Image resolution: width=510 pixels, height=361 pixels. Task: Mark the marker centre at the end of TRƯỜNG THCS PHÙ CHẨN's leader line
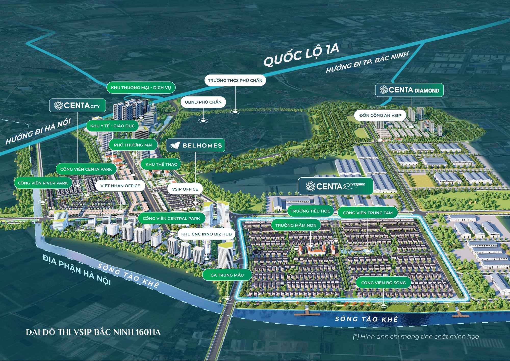[x=235, y=111]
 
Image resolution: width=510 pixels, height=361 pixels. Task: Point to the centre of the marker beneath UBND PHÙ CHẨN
[x=203, y=120]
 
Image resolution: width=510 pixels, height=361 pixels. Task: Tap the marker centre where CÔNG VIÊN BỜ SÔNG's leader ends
[x=383, y=305]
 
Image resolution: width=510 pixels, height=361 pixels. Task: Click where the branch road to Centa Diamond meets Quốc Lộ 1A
[x=424, y=43]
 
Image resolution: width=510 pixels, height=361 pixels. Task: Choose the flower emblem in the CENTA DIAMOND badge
[x=384, y=90]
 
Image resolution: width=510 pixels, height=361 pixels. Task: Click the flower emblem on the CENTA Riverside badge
[x=310, y=186]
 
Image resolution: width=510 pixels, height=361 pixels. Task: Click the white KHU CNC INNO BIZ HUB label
[x=206, y=234]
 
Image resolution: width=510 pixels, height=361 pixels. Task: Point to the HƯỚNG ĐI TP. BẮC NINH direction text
[x=367, y=62]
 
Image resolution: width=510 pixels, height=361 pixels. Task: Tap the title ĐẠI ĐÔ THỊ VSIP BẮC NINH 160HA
[x=93, y=332]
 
